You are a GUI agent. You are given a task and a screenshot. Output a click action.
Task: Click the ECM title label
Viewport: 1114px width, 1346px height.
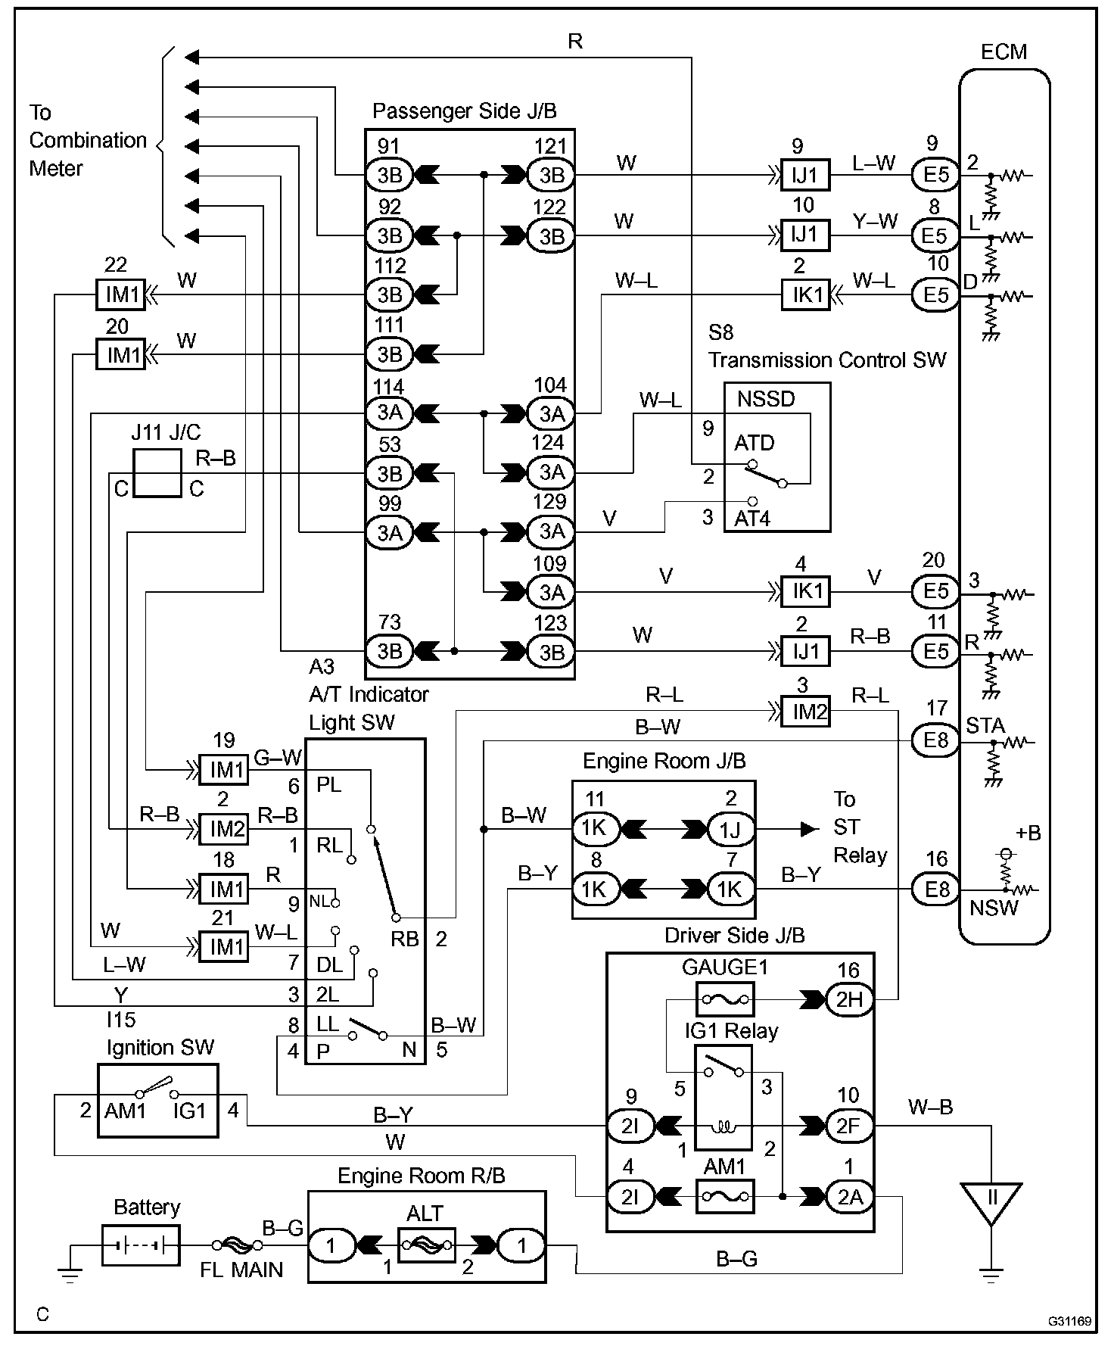coord(1004,51)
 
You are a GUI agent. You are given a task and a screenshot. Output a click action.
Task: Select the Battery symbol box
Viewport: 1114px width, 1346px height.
coord(141,1245)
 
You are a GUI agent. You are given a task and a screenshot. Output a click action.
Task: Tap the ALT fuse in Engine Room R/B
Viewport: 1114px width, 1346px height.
coord(425,1244)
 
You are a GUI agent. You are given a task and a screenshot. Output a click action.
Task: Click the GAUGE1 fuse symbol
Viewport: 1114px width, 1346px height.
coord(724,999)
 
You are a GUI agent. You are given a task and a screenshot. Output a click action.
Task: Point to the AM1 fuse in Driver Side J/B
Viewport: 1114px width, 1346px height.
coord(724,1196)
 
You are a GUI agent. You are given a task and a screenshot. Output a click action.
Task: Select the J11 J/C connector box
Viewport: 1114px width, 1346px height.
coord(157,473)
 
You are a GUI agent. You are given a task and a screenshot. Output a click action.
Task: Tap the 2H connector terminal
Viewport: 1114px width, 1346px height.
coord(848,999)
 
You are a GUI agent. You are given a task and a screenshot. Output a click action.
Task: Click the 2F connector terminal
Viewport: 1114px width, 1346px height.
coord(848,1126)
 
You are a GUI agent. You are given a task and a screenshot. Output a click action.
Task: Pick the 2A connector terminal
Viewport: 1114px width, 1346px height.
coord(848,1196)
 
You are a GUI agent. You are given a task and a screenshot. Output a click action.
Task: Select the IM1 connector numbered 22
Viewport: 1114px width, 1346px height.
coord(120,294)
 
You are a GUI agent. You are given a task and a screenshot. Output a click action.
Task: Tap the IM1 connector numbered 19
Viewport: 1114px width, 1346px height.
coord(224,769)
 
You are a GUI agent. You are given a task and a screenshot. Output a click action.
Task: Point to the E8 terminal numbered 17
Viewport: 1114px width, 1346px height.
coord(936,740)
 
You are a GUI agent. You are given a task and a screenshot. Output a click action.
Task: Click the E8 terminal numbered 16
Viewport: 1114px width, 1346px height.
coord(936,889)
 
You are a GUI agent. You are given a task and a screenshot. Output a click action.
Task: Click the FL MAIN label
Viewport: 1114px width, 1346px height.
coord(241,1270)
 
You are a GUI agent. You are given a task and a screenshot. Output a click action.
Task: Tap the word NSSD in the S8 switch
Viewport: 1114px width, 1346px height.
coord(766,399)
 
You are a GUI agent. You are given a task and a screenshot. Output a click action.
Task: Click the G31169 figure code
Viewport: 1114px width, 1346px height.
coord(1069,1321)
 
